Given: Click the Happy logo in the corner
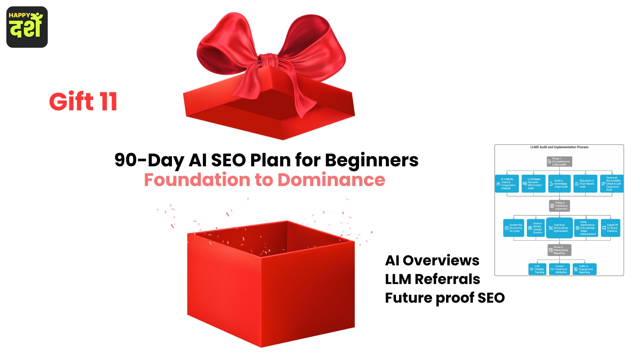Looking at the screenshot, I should click(27, 27).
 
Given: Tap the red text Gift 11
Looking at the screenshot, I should click(83, 102).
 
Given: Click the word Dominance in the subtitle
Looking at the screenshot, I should click(331, 180).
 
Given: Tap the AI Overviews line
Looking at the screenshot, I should click(432, 260).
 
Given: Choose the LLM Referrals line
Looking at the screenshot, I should click(432, 279).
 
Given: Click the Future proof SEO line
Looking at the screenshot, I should click(445, 298).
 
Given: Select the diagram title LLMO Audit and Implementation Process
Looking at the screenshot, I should click(559, 147).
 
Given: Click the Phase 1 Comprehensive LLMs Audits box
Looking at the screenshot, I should click(559, 162).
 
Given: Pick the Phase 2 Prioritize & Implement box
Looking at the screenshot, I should click(559, 206).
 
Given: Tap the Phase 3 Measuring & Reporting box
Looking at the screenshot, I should click(559, 250).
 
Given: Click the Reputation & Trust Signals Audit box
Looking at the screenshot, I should click(585, 184).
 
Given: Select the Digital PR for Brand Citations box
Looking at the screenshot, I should click(610, 228).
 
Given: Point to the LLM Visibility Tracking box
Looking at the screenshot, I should click(537, 269).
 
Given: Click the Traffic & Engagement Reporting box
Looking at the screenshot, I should click(584, 269).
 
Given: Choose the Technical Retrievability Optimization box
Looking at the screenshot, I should click(559, 228).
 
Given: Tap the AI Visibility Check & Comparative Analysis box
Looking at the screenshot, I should click(507, 184).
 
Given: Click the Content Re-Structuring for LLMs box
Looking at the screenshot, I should click(514, 228).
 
